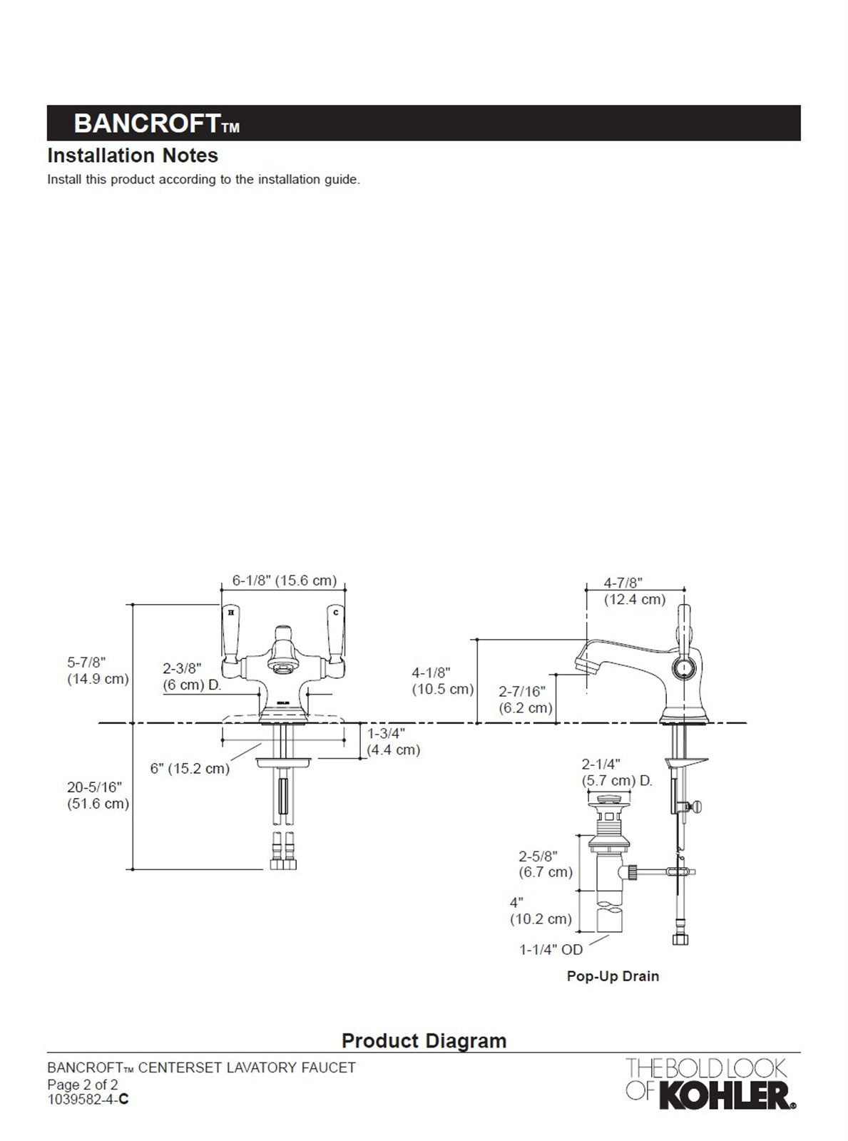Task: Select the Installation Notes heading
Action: pos(133,155)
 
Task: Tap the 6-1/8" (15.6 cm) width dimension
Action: pos(284,580)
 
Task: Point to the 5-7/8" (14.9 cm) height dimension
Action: pos(98,670)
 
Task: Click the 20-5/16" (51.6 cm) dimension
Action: pos(98,795)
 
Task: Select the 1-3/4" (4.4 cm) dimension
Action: pos(393,741)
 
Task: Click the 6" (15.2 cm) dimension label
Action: pos(190,768)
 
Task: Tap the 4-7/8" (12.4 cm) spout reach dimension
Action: pos(634,591)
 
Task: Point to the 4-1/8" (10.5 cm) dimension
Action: pos(442,680)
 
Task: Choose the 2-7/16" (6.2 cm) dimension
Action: pos(525,699)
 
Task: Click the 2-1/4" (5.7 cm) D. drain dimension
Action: pos(616,772)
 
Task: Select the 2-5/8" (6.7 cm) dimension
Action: pos(545,863)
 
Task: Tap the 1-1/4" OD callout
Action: pos(551,949)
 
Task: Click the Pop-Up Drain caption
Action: pos(613,976)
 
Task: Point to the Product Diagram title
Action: pos(424,1040)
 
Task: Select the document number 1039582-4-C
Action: pos(88,1099)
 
